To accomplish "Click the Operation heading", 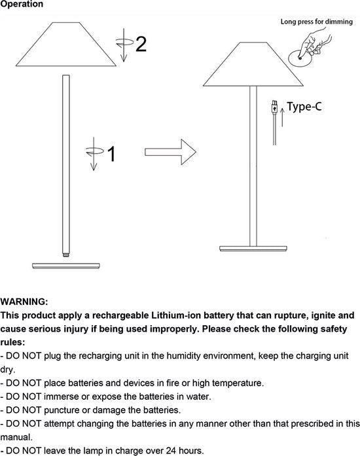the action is click(x=22, y=4).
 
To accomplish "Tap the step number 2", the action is click(x=141, y=44).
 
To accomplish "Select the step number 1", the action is click(x=112, y=154).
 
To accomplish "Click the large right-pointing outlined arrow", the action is click(x=171, y=152).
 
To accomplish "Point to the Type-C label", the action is click(x=304, y=107).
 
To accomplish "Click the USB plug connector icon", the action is click(x=274, y=107).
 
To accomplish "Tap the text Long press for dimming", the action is click(x=317, y=22).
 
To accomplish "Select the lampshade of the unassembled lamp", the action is click(x=66, y=44).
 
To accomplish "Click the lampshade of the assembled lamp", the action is click(x=253, y=64).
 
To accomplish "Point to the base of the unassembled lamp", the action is click(x=66, y=266).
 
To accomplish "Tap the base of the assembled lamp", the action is click(x=253, y=249).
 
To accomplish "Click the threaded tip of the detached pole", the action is click(x=66, y=255).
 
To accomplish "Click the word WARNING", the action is click(x=24, y=302).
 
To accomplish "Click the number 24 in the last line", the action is click(x=171, y=451).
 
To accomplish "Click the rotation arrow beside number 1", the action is click(x=94, y=154).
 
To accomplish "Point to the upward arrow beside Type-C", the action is click(x=282, y=117).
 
